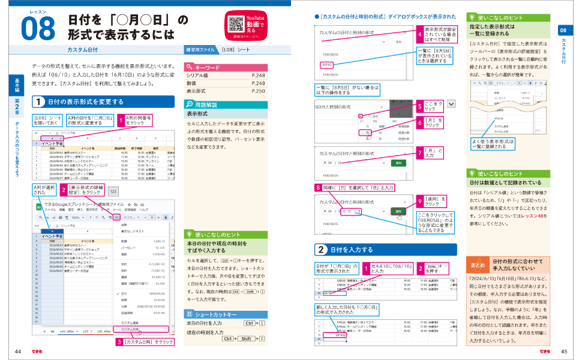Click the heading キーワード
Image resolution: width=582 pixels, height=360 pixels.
[208, 68]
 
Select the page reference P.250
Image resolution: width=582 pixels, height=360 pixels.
[259, 91]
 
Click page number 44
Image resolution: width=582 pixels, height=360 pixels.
[19, 351]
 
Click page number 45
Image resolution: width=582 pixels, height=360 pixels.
[563, 351]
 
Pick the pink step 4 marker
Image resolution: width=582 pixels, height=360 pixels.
[420, 34]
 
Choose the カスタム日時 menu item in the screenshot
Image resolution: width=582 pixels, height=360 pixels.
[130, 329]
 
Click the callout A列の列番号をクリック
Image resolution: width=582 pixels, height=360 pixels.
[139, 121]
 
